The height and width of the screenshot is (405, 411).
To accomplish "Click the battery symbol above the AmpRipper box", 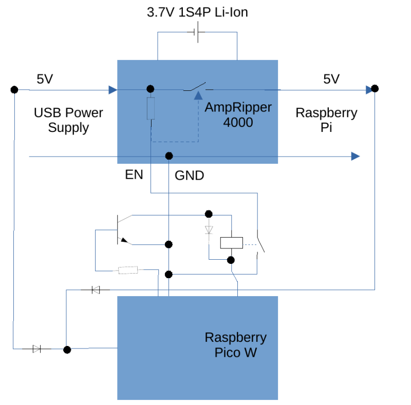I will pyautogui.click(x=197, y=33).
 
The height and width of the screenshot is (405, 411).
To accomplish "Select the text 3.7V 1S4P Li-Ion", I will pyautogui.click(x=197, y=12).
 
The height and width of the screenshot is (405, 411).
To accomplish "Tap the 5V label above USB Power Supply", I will pyautogui.click(x=45, y=79).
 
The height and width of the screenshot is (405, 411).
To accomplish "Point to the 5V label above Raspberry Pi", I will pyautogui.click(x=331, y=79).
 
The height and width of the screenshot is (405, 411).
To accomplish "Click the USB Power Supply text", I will pyautogui.click(x=68, y=120).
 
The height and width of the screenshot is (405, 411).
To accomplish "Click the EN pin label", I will pyautogui.click(x=134, y=175).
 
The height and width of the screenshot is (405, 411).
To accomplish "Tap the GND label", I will pyautogui.click(x=190, y=176).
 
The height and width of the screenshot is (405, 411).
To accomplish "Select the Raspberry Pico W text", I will pyautogui.click(x=235, y=345).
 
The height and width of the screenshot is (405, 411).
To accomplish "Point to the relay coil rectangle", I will pyautogui.click(x=231, y=242).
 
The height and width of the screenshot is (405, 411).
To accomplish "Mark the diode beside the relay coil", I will pyautogui.click(x=209, y=229).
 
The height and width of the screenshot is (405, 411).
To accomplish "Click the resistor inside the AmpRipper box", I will pyautogui.click(x=151, y=108).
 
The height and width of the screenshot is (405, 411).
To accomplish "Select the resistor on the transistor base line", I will pyautogui.click(x=128, y=270).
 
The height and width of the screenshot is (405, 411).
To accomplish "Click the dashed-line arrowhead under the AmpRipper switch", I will pyautogui.click(x=198, y=95).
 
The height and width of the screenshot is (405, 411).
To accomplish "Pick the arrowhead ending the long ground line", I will pyautogui.click(x=355, y=156).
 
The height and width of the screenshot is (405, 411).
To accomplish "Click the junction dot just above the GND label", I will pyautogui.click(x=168, y=156).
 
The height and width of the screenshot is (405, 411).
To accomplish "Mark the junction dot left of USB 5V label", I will pyautogui.click(x=14, y=90).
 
